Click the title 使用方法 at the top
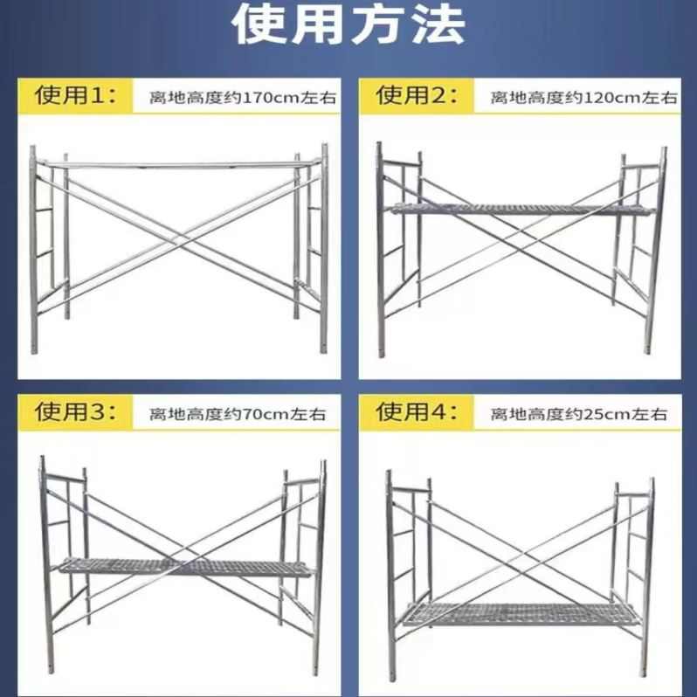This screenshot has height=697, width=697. coord(348,25)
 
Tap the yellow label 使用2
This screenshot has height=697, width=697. coord(417,96)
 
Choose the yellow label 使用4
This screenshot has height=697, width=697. coord(417,412)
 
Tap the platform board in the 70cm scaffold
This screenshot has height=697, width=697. coord(183,567)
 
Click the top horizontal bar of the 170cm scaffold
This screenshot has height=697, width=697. coord(179,162)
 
